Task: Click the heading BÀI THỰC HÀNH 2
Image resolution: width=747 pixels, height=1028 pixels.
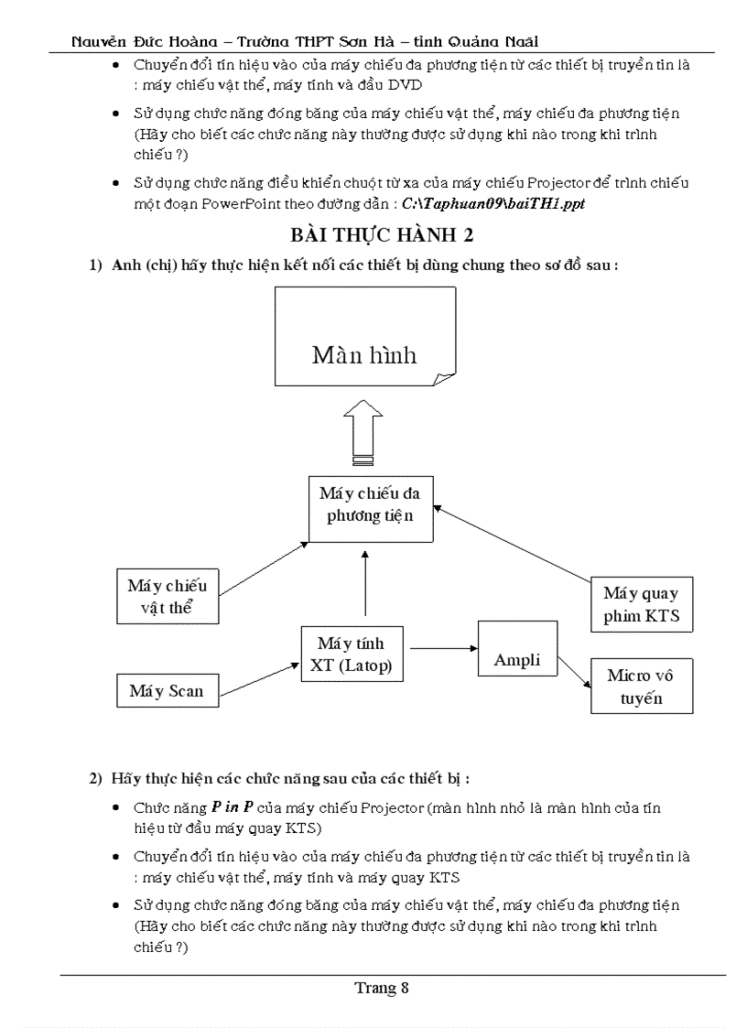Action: point(382,235)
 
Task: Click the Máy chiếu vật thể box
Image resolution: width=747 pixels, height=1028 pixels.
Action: point(168,597)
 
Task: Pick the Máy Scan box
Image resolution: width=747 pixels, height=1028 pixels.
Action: point(167,691)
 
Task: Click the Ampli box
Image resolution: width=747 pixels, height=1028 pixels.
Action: point(517,660)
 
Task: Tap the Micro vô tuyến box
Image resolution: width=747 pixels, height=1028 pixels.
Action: point(641,687)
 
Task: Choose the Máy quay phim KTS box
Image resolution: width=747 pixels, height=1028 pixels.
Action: point(641,605)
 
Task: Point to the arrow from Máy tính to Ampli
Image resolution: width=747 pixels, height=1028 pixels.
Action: point(441,648)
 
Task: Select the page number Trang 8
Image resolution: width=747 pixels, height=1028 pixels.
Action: point(382,988)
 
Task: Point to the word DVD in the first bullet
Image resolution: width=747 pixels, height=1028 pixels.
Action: point(406,84)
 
